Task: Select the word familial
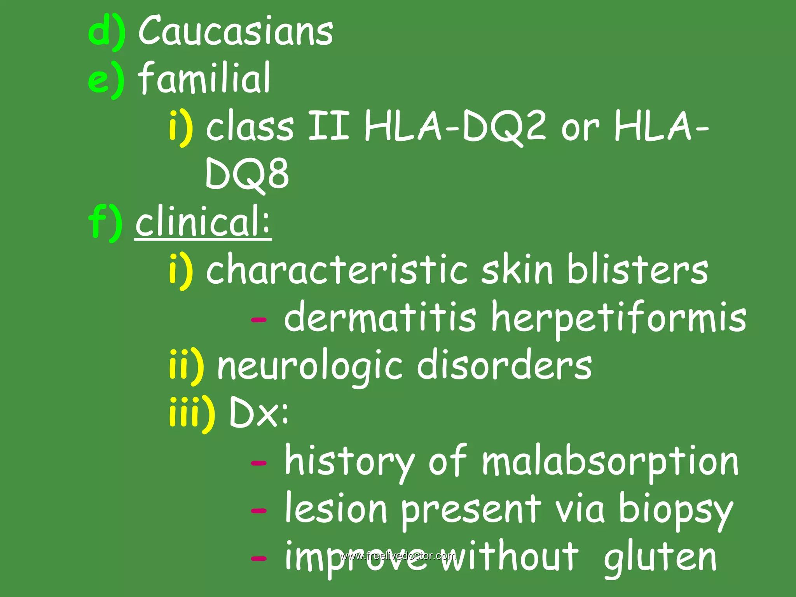pos(204,78)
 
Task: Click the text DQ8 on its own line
pos(247,174)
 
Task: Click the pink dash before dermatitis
pos(259,320)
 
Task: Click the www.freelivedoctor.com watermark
pos(398,555)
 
